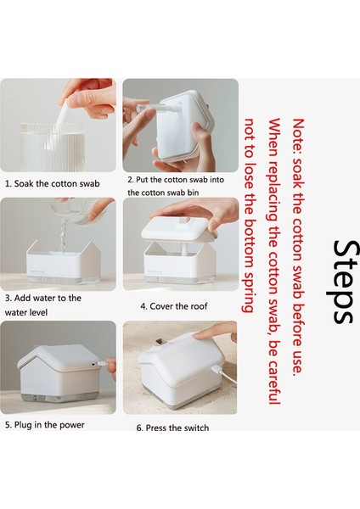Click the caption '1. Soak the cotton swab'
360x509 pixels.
tap(53, 184)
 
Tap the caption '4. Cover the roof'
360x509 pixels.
tap(173, 306)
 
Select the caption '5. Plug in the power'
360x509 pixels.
tap(45, 425)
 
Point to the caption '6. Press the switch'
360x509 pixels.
tap(172, 428)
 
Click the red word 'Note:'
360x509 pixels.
tap(298, 137)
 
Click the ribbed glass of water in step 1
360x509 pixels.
tap(53, 147)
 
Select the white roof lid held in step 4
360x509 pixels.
tap(179, 228)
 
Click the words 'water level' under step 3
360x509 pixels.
tap(26, 312)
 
